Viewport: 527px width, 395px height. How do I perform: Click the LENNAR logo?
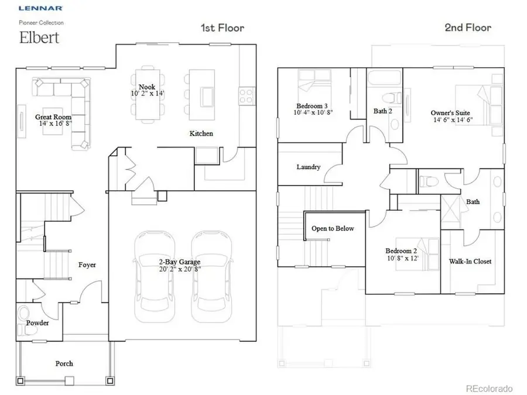click(x=40, y=9)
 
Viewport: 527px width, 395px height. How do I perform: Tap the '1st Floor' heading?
click(x=222, y=28)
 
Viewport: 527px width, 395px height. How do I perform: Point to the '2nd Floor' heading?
click(x=468, y=27)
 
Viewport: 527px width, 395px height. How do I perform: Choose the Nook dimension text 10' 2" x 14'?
click(x=148, y=94)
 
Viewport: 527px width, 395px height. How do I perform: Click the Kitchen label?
click(x=201, y=133)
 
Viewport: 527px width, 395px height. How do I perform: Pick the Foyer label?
click(x=87, y=265)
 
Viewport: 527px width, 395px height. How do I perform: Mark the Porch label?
click(x=64, y=363)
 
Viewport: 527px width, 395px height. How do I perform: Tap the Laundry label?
click(x=308, y=167)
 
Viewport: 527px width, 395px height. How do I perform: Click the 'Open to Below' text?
click(x=333, y=228)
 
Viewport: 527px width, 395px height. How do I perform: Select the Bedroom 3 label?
click(x=312, y=106)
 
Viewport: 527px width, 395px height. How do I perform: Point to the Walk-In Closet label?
click(x=470, y=261)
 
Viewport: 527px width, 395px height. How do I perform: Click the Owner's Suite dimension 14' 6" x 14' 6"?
click(x=451, y=120)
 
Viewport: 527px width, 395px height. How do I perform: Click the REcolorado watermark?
click(x=489, y=389)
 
